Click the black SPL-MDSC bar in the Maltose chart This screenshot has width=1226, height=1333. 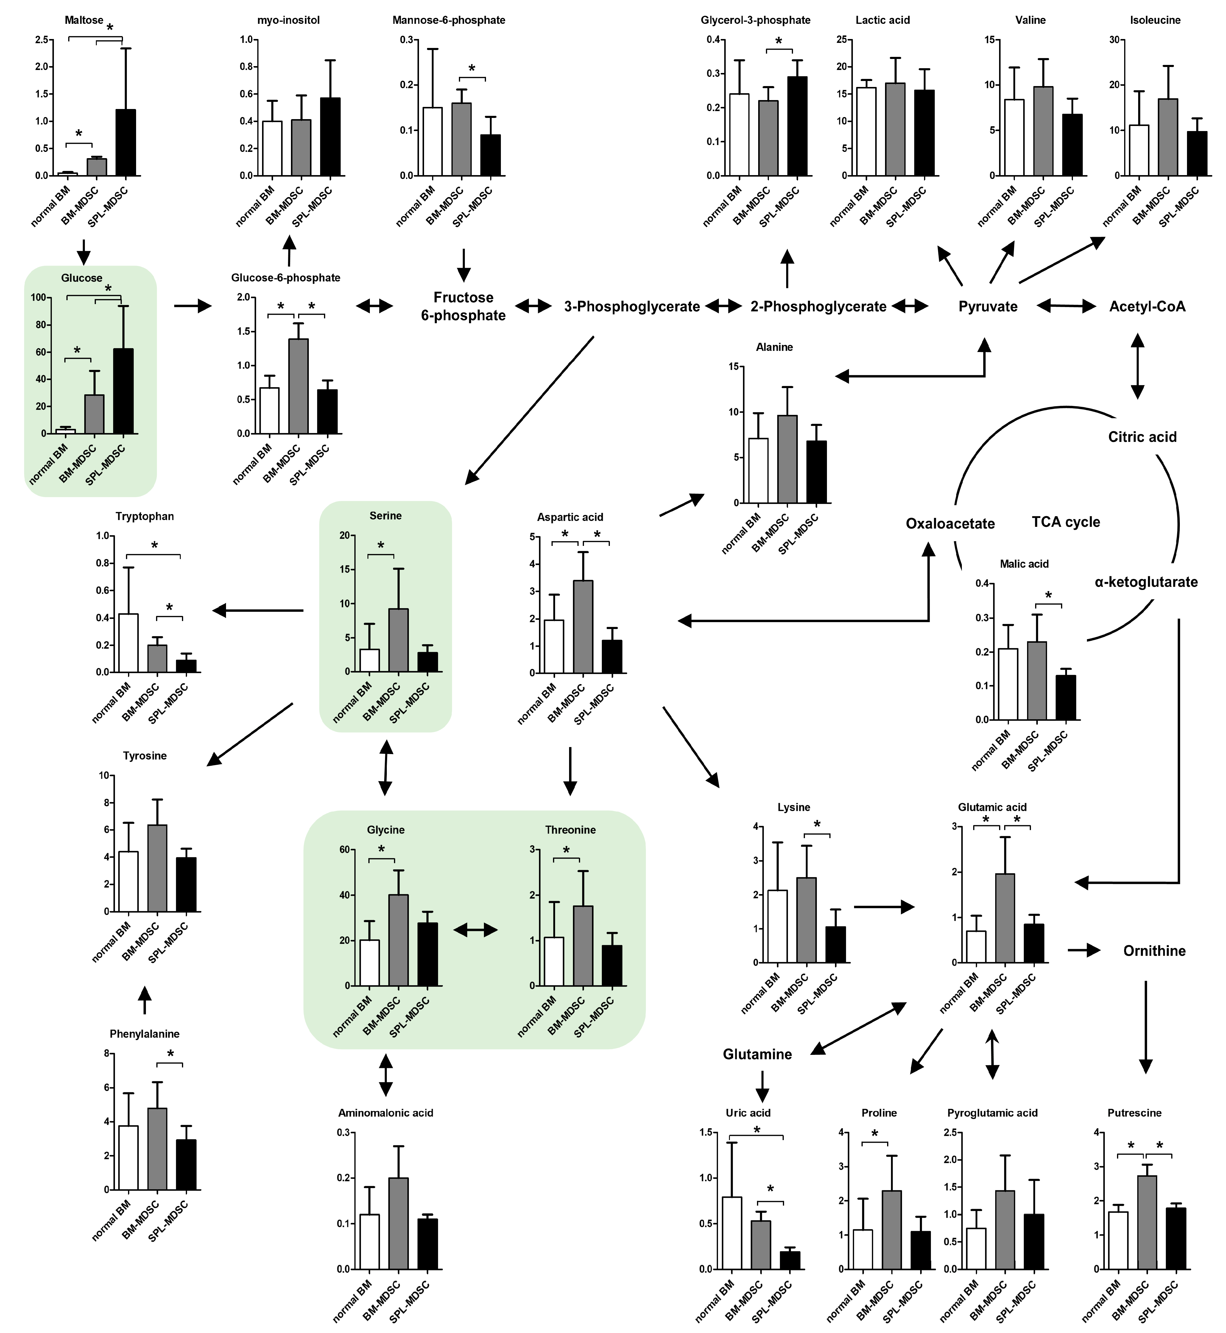125,143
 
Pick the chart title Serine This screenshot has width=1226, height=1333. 385,516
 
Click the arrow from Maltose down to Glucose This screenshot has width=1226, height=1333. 83,252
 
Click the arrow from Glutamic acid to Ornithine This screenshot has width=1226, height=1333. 1083,951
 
